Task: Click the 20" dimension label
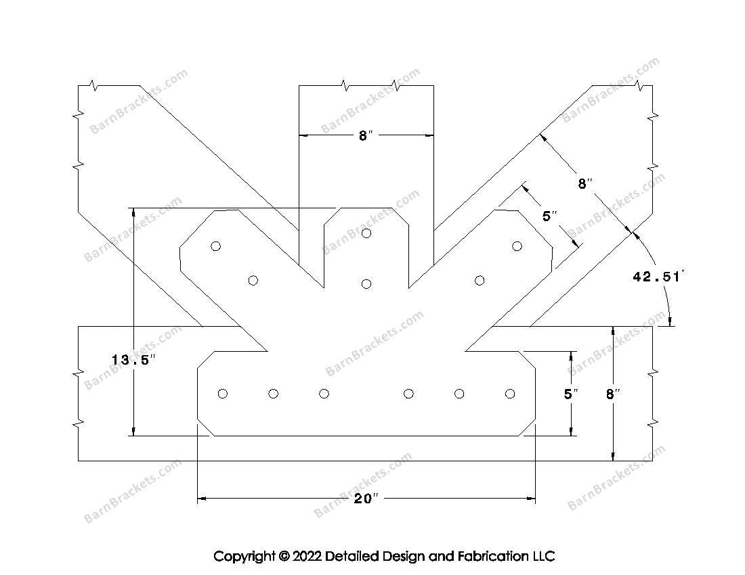pos(366,499)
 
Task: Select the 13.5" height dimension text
pos(133,360)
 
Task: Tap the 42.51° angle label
pos(658,276)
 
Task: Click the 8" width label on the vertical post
pos(365,136)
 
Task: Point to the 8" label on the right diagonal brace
pos(585,183)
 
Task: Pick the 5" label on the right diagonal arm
pos(549,216)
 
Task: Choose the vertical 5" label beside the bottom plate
pos(571,394)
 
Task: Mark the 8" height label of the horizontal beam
pos(613,394)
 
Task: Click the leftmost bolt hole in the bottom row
pos(222,393)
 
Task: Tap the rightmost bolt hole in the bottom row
pos(510,393)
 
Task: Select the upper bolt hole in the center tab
pos(366,233)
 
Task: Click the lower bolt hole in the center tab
pos(366,283)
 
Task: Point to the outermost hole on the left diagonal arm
pos(215,246)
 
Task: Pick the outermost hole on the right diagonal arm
pos(517,246)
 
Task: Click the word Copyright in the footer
pos(244,556)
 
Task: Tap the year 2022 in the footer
pos(307,555)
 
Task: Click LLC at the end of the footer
pos(543,555)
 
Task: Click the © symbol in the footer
pos(284,556)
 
